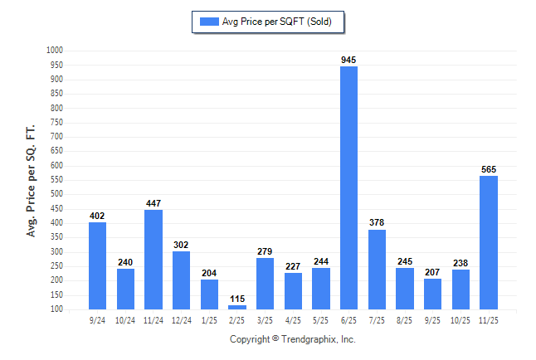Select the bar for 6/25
coord(349,187)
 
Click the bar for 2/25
coord(237,307)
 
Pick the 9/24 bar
coord(98,265)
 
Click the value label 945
coord(349,60)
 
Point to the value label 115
coord(237,299)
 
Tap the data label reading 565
coord(489,169)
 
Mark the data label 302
coord(182,245)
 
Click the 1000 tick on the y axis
coord(55,51)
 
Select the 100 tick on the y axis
coord(56,309)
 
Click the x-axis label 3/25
coord(266,320)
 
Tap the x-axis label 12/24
coord(182,320)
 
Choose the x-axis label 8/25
coord(405,320)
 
